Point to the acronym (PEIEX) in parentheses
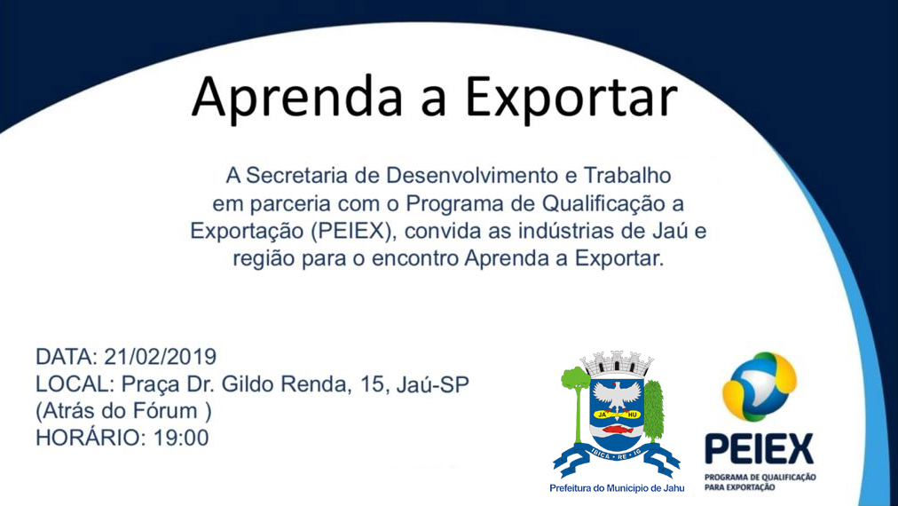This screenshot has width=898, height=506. coord(348,233)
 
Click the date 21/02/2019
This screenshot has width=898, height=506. coord(160,358)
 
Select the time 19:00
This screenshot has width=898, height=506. coord(181,438)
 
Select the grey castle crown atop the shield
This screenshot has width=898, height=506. coord(618,363)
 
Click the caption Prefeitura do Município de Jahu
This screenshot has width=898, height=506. coord(618,488)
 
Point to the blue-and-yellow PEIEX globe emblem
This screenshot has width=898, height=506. coord(759,386)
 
